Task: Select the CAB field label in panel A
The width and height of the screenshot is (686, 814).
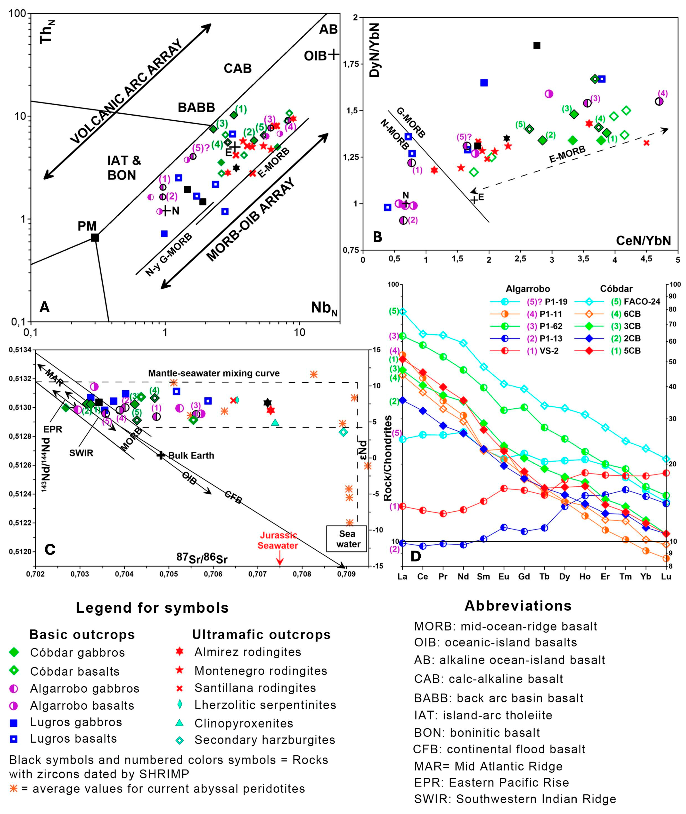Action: click(x=238, y=68)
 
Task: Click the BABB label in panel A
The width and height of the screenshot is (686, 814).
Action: click(x=196, y=107)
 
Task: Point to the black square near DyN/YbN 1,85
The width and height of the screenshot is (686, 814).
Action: click(x=537, y=45)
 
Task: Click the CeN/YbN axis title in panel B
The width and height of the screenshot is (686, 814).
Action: click(x=643, y=241)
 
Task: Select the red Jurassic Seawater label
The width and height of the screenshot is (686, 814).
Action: click(x=278, y=540)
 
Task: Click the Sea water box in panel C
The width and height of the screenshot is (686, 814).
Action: click(x=347, y=539)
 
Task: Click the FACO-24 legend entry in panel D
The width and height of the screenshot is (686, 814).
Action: click(x=642, y=301)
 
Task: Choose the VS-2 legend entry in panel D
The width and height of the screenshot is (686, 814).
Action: click(x=549, y=351)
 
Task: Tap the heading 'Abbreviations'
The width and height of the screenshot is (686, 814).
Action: click(x=518, y=606)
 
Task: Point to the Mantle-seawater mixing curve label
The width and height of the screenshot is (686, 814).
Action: click(x=214, y=373)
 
